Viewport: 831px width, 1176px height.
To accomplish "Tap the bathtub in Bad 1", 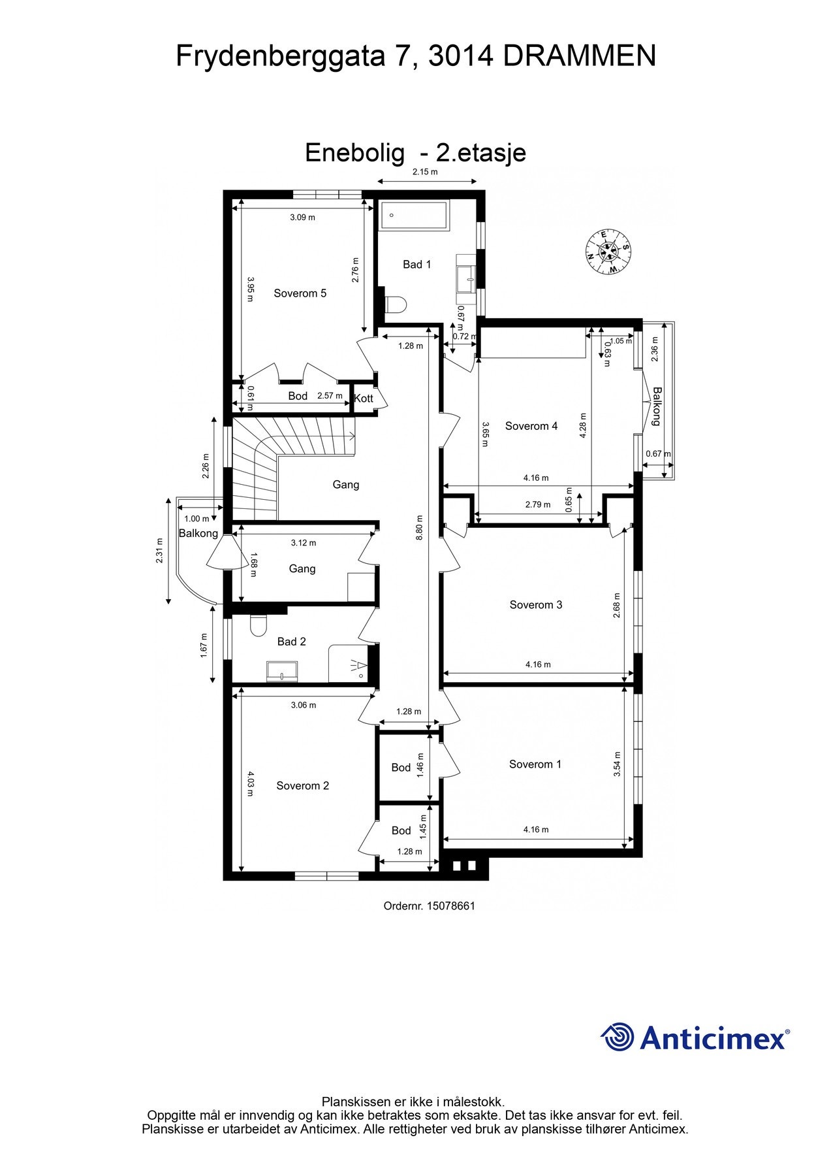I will (414, 215).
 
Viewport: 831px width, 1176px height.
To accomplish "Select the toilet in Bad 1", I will (396, 304).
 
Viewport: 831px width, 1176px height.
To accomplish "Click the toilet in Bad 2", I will (259, 626).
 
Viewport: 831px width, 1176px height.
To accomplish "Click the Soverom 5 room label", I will (300, 293).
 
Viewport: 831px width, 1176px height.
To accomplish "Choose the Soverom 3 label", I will (535, 605).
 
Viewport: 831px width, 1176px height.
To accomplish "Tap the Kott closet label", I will (364, 398).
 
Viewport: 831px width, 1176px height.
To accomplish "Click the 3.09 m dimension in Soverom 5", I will (302, 218).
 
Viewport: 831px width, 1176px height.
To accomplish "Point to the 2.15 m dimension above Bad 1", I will (424, 172).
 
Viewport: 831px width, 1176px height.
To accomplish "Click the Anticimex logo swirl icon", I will (618, 1037).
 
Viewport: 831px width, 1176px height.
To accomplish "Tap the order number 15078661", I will (450, 906).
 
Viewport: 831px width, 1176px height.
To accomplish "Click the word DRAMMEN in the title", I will (580, 56).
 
